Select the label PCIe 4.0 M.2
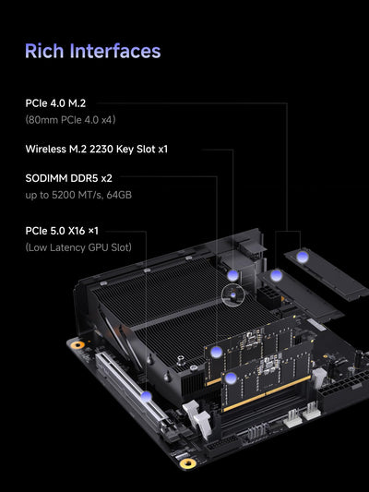tap(61, 103)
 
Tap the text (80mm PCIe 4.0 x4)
tap(70, 119)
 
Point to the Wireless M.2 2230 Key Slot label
tap(96, 149)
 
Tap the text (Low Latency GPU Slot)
tap(78, 246)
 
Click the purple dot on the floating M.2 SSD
tap(303, 254)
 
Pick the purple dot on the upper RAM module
tap(215, 351)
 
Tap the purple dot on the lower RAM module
tap(230, 378)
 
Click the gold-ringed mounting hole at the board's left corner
tap(78, 344)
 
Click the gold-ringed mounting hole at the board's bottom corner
tap(188, 463)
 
